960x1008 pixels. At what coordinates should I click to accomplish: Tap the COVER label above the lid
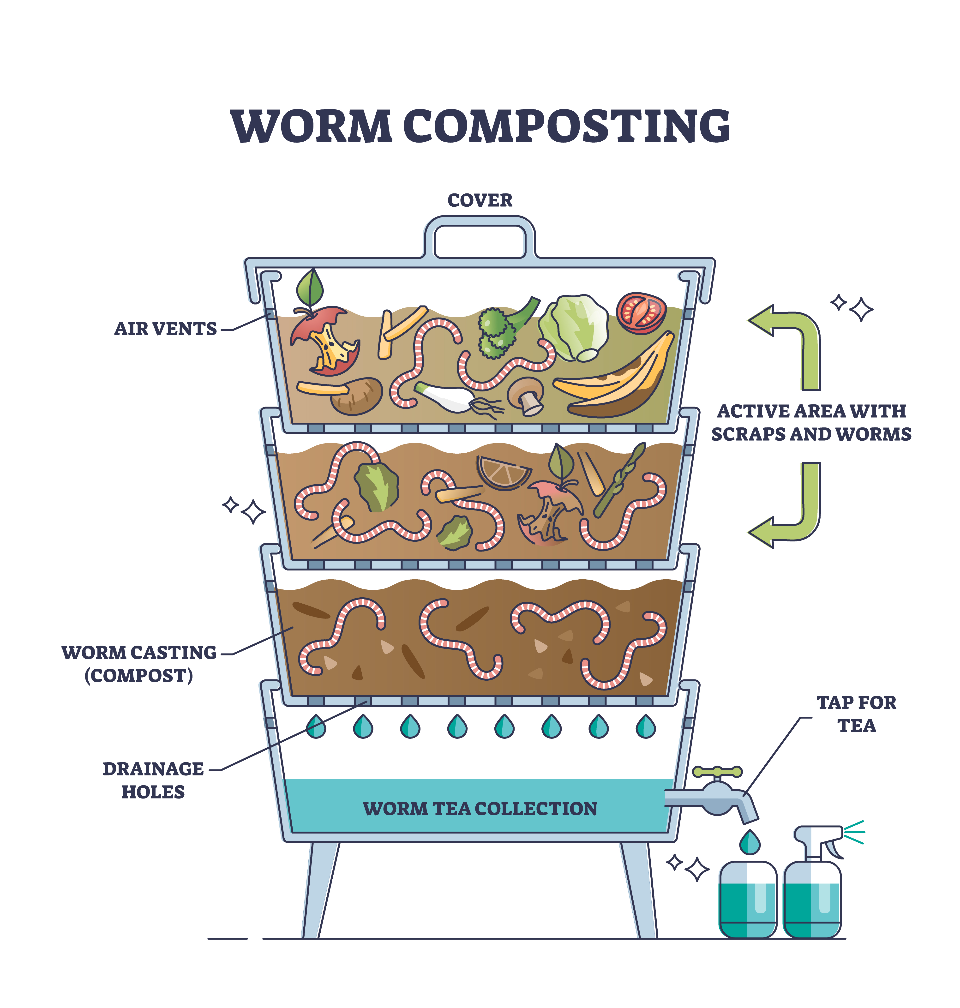click(x=480, y=200)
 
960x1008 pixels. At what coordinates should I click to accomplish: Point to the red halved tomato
click(x=641, y=313)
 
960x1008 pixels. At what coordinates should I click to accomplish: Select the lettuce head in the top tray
click(x=573, y=327)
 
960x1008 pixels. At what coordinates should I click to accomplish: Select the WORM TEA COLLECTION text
click(x=480, y=809)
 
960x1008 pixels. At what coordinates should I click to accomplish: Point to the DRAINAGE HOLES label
click(x=153, y=780)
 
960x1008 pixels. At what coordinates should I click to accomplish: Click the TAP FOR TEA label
click(x=857, y=714)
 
